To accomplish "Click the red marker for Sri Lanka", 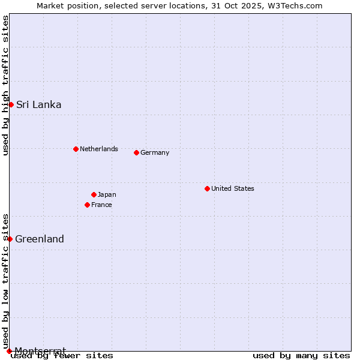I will click(x=11, y=104).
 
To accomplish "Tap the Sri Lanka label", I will click(x=38, y=104).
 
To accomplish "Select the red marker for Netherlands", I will click(x=76, y=149).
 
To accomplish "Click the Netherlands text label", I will click(x=98, y=149).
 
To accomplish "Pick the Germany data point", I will click(x=136, y=152).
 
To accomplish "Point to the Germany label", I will click(x=155, y=152).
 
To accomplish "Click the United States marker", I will click(x=207, y=188).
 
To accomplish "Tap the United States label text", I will click(x=232, y=188).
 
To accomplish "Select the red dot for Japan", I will click(x=94, y=194).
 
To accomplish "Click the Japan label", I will click(x=107, y=194).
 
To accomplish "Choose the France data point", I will click(x=87, y=205).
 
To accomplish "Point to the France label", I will click(x=101, y=205).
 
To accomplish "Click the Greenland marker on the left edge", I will click(x=10, y=239).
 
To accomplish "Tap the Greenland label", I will click(x=40, y=239).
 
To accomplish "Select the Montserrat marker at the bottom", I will click(x=9, y=350).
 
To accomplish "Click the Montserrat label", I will click(x=40, y=350).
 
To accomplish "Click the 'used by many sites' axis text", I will click(x=301, y=356).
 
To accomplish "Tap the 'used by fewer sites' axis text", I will click(x=62, y=356).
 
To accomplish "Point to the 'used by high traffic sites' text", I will click(x=5, y=85).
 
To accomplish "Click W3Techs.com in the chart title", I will click(x=296, y=5).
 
